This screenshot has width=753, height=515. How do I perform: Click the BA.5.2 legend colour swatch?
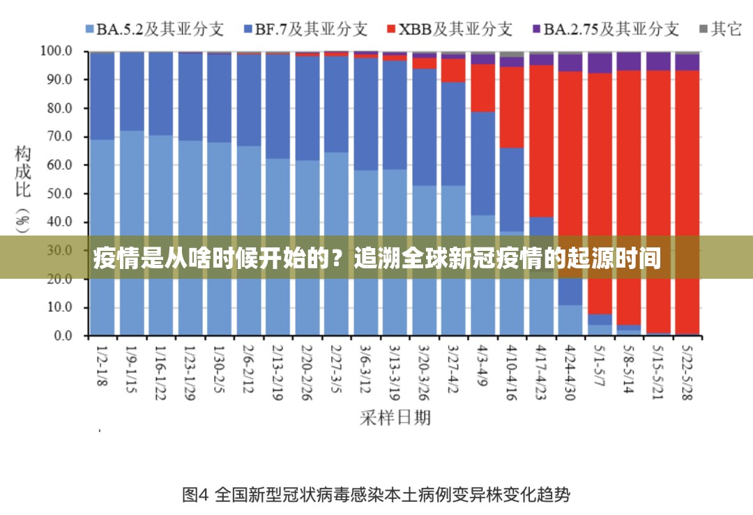click(x=89, y=29)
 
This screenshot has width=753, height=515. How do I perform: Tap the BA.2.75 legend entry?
click(x=604, y=29)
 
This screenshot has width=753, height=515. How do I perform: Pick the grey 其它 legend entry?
click(x=720, y=29)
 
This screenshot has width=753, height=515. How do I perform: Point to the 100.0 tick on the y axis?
click(x=56, y=51)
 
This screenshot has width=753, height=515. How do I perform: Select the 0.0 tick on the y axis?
click(x=62, y=336)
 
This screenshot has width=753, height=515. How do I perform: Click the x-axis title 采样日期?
click(x=395, y=417)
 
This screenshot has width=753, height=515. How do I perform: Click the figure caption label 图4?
click(x=195, y=495)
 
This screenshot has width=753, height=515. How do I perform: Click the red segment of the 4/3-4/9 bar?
click(x=483, y=88)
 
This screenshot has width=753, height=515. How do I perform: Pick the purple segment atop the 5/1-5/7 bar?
click(x=600, y=63)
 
